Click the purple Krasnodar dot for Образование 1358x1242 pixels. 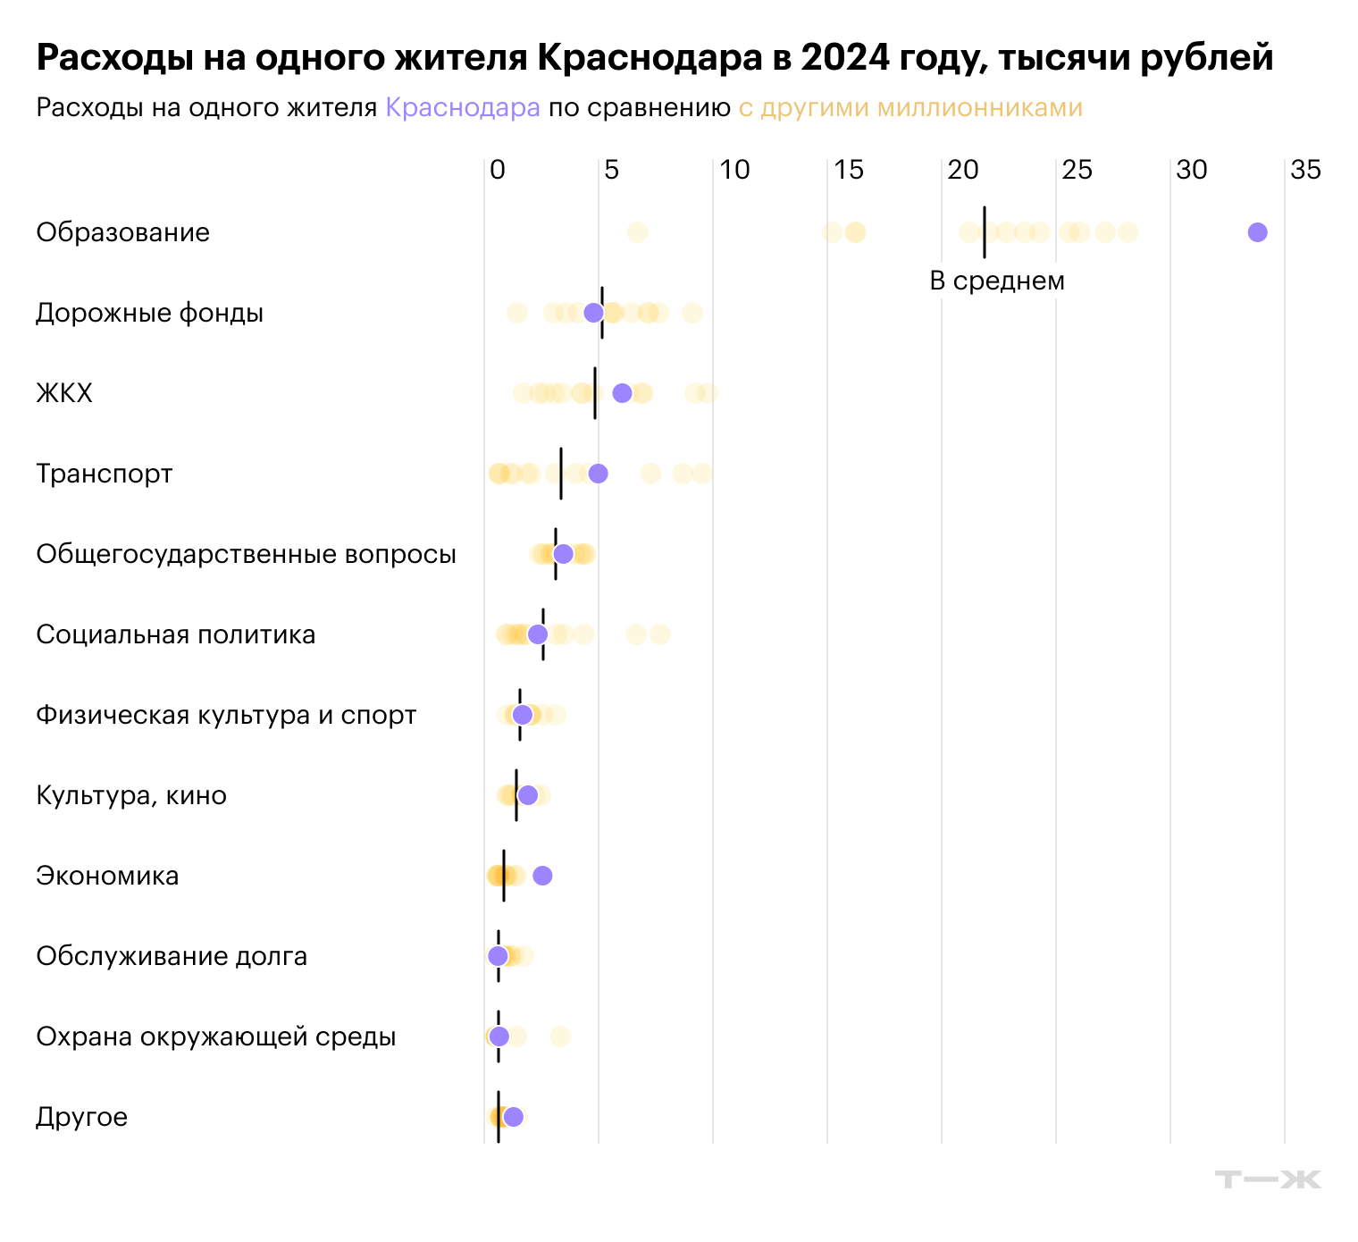[1257, 232]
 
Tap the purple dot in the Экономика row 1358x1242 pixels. [542, 876]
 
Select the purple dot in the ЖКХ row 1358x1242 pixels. [622, 393]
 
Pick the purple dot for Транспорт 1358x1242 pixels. [598, 474]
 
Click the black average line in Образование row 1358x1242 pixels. [984, 232]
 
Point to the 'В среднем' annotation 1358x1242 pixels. [997, 281]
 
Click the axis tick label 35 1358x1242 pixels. [1305, 170]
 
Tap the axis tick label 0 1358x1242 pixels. [498, 170]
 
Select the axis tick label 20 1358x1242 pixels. [962, 170]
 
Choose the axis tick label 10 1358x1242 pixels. [734, 170]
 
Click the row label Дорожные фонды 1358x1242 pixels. [149, 313]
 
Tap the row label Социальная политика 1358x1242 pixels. [175, 634]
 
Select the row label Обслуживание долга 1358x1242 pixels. [172, 956]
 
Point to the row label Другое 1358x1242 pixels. [81, 1117]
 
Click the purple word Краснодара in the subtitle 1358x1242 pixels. [462, 108]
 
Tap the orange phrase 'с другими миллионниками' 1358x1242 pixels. [910, 108]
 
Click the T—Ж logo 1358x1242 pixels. [1267, 1179]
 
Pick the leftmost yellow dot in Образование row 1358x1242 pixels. [637, 232]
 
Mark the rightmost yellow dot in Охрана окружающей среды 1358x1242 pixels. [560, 1036]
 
